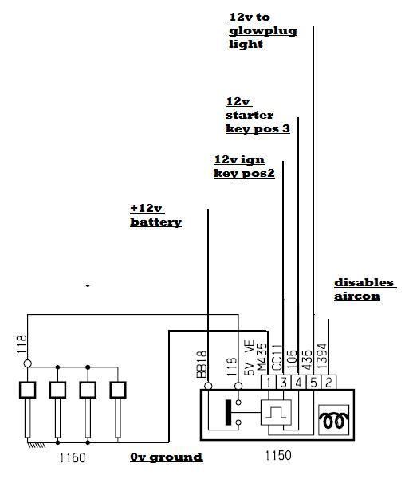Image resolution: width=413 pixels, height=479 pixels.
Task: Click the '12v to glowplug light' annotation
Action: [x=263, y=30]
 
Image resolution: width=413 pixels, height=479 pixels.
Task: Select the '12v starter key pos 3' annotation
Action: [x=258, y=116]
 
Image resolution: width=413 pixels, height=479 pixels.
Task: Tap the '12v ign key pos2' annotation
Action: [x=244, y=167]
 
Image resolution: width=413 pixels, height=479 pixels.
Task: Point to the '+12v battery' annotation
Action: [x=155, y=215]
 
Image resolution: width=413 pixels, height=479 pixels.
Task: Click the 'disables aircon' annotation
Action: [x=365, y=289]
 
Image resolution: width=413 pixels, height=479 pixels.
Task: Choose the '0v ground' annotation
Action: [x=166, y=457]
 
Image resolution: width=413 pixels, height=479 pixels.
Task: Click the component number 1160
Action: [x=73, y=457]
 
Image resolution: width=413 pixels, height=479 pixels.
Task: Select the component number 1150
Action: [x=278, y=455]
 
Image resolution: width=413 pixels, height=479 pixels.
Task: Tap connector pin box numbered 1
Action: [x=269, y=382]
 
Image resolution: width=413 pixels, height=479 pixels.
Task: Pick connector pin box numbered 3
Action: [x=284, y=382]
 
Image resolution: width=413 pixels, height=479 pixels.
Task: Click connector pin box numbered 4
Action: [x=299, y=382]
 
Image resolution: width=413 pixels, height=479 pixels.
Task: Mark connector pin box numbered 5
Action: [x=313, y=382]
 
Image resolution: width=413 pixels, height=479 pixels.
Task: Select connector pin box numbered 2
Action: [x=328, y=382]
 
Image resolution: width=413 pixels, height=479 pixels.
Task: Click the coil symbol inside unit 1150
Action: [x=333, y=420]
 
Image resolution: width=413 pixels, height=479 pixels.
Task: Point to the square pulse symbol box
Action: [x=276, y=412]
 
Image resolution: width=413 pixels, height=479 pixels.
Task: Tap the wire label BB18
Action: [x=202, y=364]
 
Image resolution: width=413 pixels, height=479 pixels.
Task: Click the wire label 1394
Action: [x=322, y=357]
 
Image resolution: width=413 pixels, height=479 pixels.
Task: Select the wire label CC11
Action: [x=277, y=357]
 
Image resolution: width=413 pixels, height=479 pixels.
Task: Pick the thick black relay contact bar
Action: [x=228, y=412]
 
